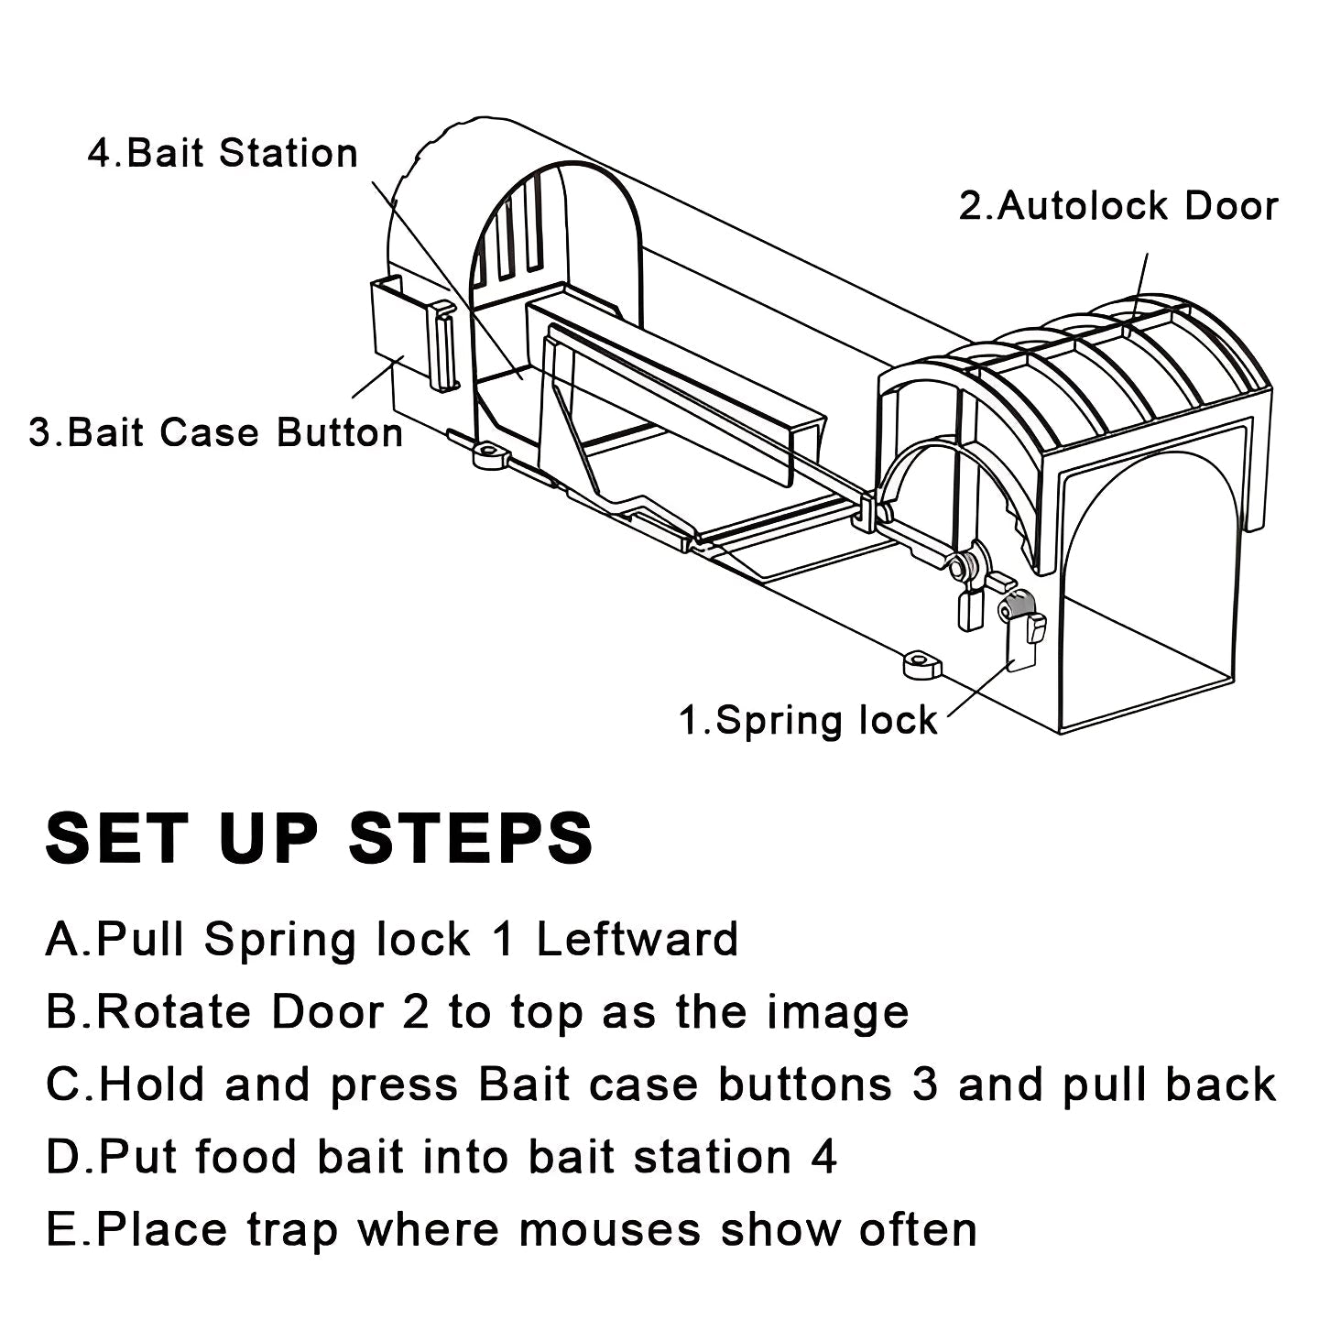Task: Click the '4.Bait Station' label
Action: pos(223,153)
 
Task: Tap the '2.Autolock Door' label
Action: pos(1118,206)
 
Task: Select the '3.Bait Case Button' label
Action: pos(216,432)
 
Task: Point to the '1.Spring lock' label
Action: pos(808,720)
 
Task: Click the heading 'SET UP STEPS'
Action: pos(320,837)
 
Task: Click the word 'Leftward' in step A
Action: pos(637,940)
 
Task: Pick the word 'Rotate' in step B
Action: pos(174,1012)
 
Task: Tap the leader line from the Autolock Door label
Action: pos(1142,279)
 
